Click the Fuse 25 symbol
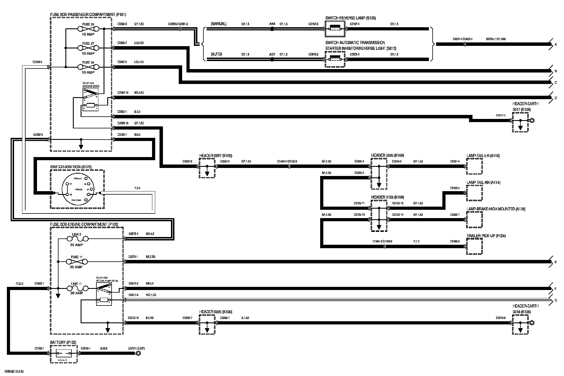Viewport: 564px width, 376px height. pos(88,29)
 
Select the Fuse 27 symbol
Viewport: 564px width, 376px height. pos(88,48)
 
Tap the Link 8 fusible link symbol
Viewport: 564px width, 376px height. pos(77,238)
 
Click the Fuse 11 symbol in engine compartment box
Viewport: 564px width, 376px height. pos(77,262)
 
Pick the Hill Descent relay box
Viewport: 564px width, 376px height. pos(90,99)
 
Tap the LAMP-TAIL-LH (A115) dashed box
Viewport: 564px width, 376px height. pos(474,166)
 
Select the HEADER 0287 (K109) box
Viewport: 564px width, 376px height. pos(207,169)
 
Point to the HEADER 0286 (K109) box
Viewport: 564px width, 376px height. pos(207,325)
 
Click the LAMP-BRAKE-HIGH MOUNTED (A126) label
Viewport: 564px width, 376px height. pos(496,209)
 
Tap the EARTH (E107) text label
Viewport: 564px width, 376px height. pos(137,348)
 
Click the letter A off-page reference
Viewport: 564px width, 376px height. pos(556,45)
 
